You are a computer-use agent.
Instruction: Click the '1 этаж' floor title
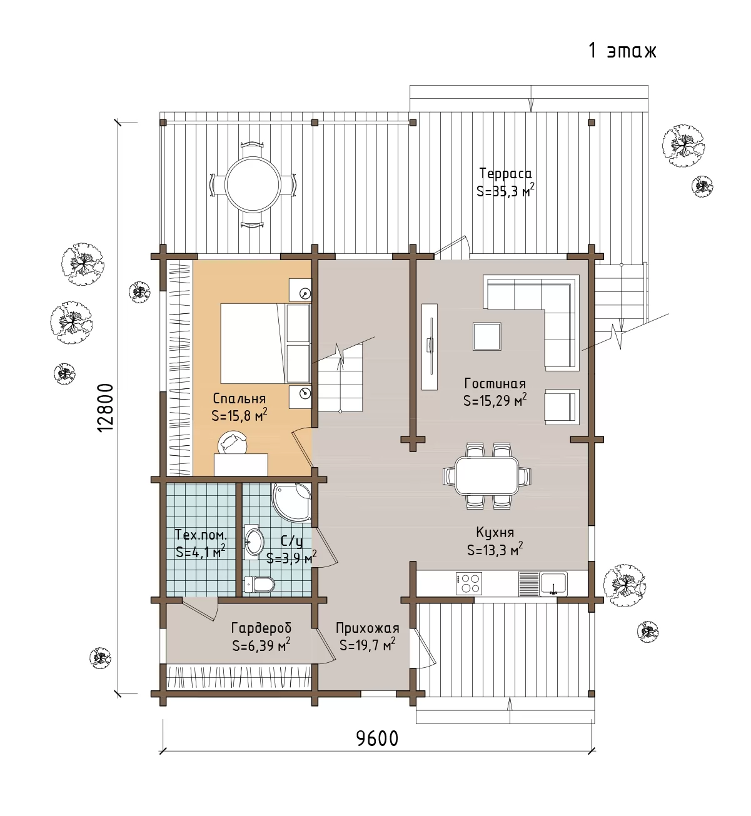622,51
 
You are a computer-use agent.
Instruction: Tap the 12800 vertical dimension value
106,408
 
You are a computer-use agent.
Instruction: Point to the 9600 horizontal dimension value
377,738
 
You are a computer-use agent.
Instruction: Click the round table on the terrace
253,184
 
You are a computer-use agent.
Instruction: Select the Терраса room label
505,173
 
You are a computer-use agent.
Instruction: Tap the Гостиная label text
495,383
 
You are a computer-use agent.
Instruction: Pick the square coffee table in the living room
486,336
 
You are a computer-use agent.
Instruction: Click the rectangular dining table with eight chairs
487,475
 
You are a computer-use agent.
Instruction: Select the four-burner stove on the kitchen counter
469,584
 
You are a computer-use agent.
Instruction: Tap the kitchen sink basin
553,583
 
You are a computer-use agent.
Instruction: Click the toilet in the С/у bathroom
260,585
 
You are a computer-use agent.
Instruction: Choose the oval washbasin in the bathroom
255,542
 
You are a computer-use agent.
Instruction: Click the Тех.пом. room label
201,535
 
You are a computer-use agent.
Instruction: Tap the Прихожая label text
367,628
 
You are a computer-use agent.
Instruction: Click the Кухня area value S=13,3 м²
495,549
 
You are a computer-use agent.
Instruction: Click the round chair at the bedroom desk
232,443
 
